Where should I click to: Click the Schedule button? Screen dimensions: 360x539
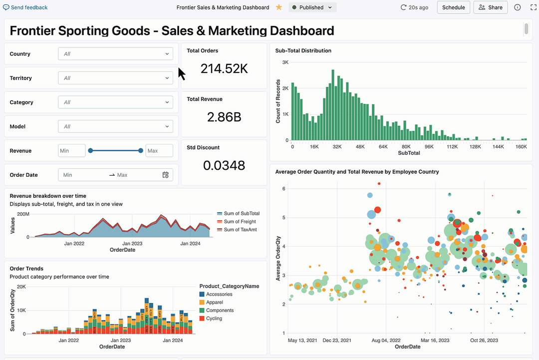pos(454,7)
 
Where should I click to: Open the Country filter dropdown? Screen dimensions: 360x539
pos(115,54)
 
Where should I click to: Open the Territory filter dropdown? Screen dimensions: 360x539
pos(115,78)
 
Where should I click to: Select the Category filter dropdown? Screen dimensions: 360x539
pos(115,102)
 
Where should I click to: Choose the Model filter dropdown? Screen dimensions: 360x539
pos(115,126)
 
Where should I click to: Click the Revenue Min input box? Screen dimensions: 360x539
pos(71,151)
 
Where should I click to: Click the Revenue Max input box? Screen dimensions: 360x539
pos(159,151)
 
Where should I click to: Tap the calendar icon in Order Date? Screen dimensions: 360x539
pos(166,175)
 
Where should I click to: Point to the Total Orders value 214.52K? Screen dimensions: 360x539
pos(224,69)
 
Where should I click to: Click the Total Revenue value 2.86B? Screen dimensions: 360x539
pos(224,117)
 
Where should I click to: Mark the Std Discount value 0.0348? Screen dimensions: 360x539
pos(224,165)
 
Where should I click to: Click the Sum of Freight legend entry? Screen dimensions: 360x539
pos(240,222)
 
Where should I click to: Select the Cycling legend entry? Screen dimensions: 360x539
pos(214,319)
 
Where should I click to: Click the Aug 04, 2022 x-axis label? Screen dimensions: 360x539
pos(386,341)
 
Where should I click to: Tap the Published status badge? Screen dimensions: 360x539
pos(312,7)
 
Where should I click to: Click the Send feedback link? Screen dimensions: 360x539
pos(25,7)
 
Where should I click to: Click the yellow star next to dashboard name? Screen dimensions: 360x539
pos(279,7)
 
